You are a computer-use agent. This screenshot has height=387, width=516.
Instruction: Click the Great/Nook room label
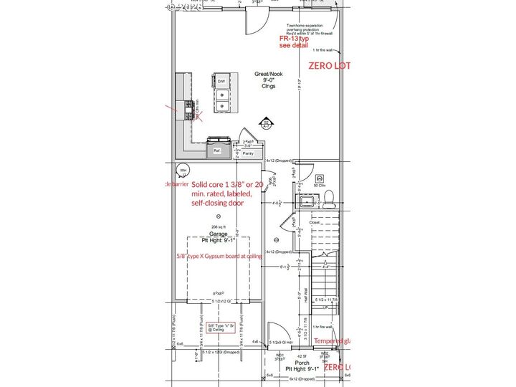(268, 74)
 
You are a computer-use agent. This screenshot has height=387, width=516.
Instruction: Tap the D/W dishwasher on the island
(221, 82)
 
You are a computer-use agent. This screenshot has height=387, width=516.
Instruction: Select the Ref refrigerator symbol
(216, 150)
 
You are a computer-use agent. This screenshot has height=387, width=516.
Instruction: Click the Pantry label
(248, 153)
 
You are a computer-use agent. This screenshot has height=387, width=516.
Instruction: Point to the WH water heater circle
(183, 171)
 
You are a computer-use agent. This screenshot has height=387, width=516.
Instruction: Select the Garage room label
(218, 234)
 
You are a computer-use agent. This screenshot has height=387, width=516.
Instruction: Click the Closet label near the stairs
(315, 223)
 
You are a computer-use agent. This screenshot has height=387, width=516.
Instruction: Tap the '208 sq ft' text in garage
(218, 227)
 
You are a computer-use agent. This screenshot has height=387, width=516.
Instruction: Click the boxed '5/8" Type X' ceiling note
(221, 327)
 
